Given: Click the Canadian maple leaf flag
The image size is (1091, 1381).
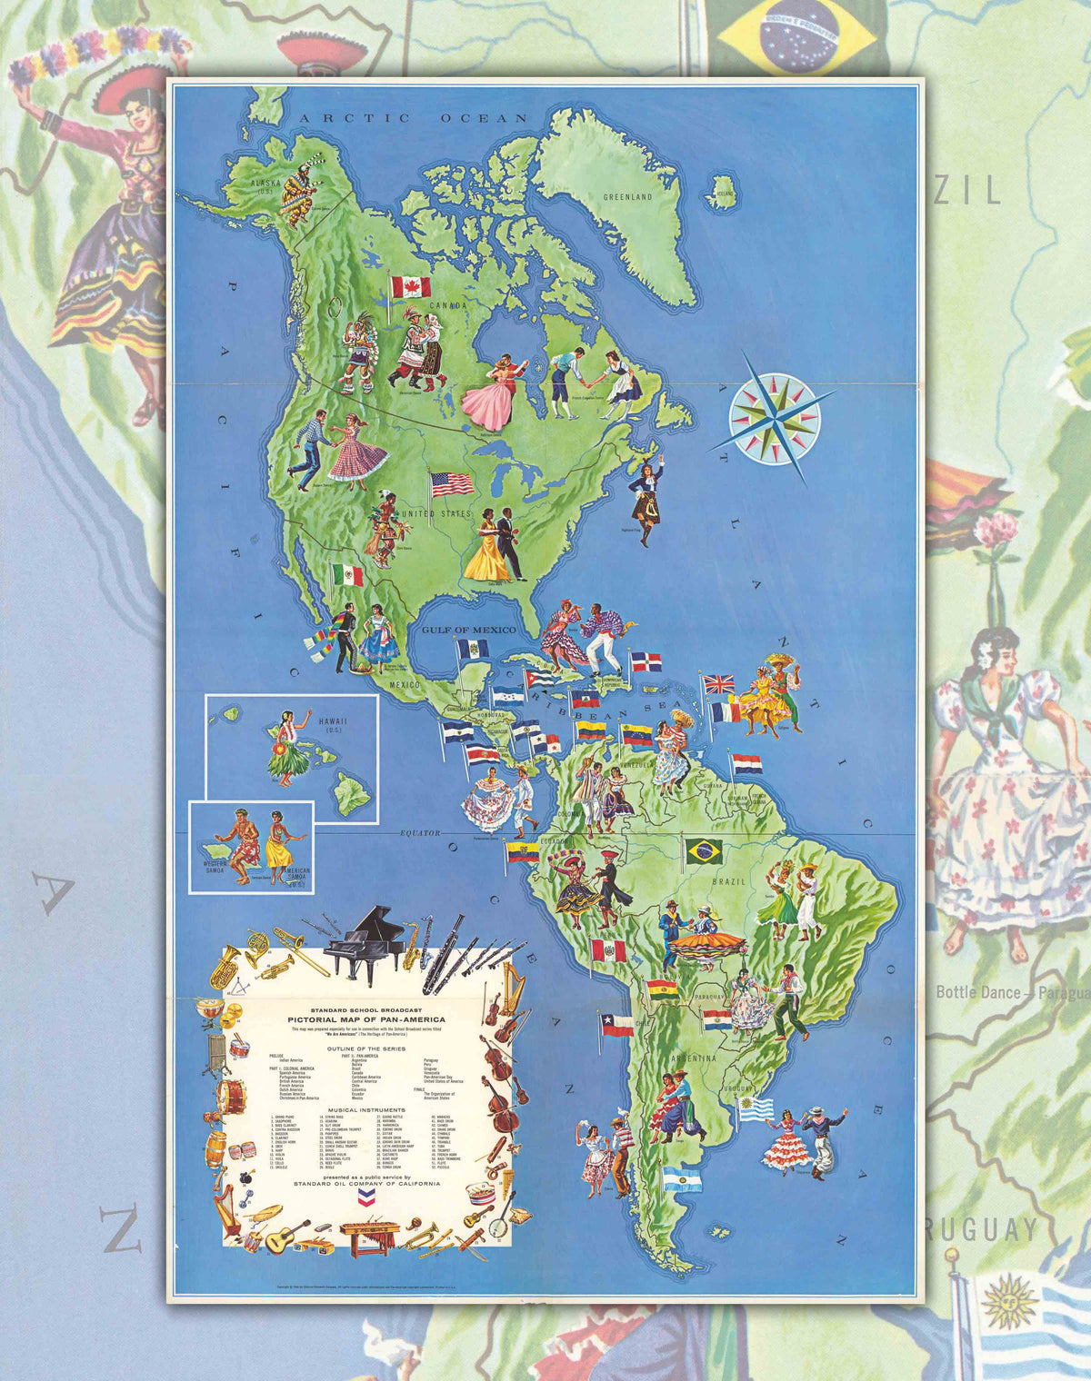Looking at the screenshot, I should pyautogui.click(x=411, y=287).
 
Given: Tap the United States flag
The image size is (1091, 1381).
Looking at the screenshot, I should pyautogui.click(x=453, y=484).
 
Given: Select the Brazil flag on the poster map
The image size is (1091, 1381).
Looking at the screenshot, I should pyautogui.click(x=704, y=851).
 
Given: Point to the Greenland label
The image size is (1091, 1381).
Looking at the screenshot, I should pyautogui.click(x=628, y=197).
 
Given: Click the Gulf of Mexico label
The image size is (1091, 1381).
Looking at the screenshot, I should pyautogui.click(x=468, y=630).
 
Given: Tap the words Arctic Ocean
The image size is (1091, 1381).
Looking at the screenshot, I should pyautogui.click(x=415, y=118).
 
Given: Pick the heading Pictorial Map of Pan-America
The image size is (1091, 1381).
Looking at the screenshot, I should pyautogui.click(x=367, y=1019).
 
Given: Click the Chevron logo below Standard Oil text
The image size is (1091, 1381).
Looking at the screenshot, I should pyautogui.click(x=367, y=1198).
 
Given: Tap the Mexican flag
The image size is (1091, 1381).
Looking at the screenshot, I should pyautogui.click(x=347, y=574).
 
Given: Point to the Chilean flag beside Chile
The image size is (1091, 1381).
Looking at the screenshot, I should pyautogui.click(x=616, y=1025).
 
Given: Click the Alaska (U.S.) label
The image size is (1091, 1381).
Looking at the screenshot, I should pyautogui.click(x=265, y=187).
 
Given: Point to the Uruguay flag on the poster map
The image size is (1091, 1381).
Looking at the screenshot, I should pyautogui.click(x=756, y=1108).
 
